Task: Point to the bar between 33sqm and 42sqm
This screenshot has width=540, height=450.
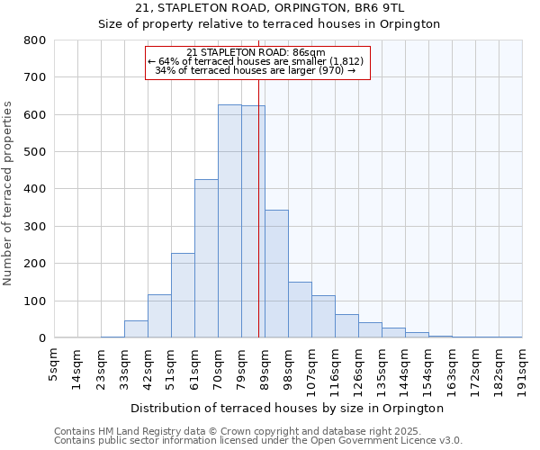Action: point(136,329)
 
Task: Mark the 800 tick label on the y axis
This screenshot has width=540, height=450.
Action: point(34,40)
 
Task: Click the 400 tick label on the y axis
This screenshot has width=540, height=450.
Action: point(34,189)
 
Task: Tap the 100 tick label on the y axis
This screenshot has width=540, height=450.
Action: point(34,301)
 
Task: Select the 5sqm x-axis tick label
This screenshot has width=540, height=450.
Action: point(54,364)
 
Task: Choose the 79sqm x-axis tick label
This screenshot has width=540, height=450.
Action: point(241,366)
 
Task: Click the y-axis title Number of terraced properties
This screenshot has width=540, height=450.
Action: point(8,193)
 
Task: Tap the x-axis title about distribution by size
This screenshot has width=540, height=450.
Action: point(293,408)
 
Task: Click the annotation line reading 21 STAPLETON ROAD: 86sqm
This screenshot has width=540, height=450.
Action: point(256,53)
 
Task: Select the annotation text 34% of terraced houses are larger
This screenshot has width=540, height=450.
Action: point(256,70)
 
